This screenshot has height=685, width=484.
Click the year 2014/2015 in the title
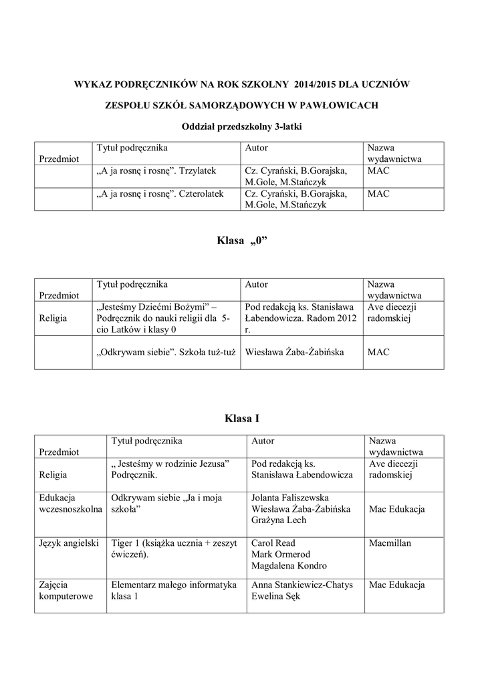(315, 84)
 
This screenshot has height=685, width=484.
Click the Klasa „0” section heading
(241, 240)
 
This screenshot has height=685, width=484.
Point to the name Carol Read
(273, 543)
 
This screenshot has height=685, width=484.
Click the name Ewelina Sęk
(275, 597)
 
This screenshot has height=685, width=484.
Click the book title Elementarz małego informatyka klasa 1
(174, 591)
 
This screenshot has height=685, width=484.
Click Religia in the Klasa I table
(53, 474)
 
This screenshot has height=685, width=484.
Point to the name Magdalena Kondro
(289, 566)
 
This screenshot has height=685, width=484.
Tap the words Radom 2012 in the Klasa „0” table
(330, 318)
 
